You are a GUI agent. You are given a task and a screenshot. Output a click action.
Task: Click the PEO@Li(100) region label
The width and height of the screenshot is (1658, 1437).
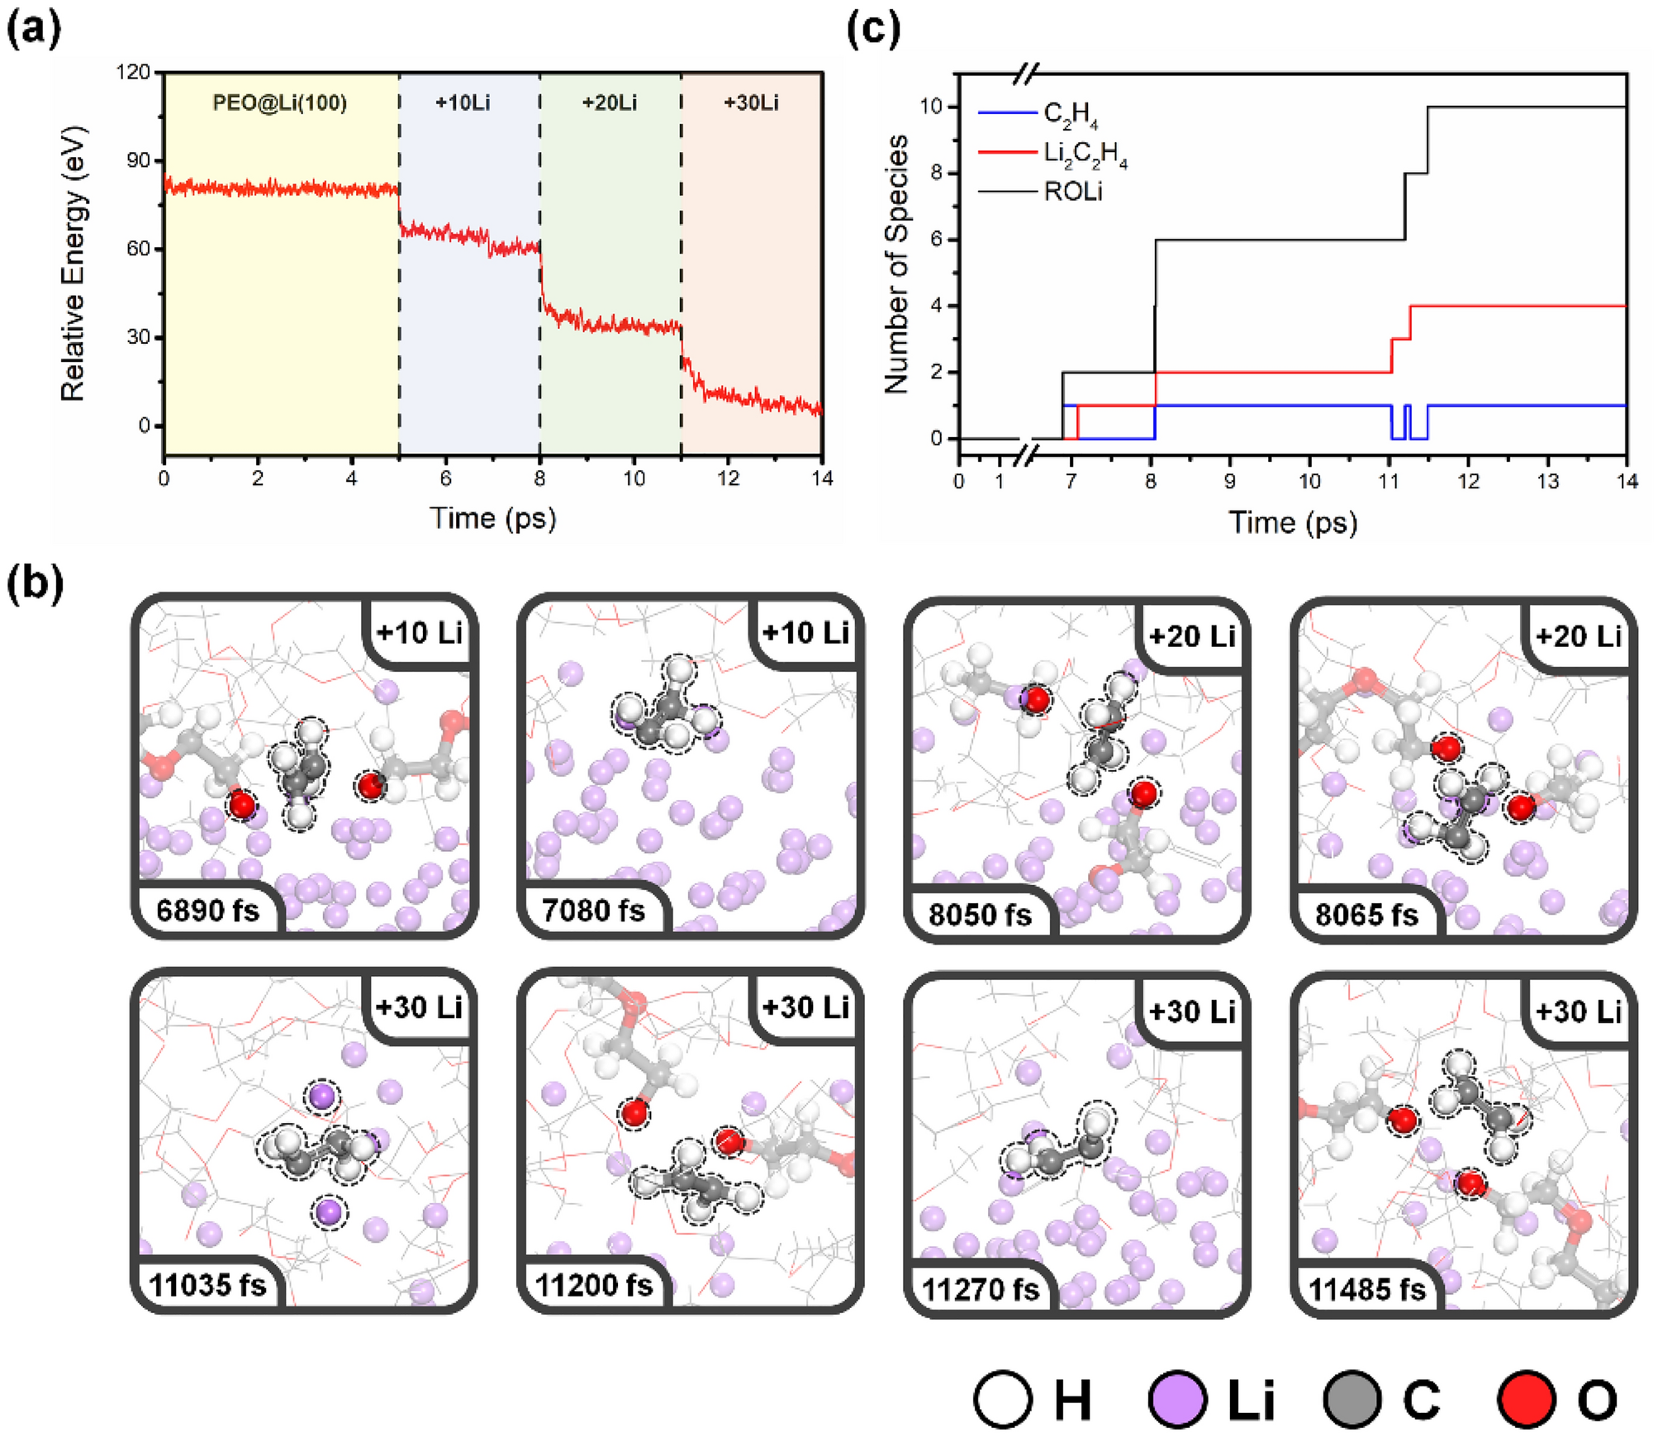click(279, 103)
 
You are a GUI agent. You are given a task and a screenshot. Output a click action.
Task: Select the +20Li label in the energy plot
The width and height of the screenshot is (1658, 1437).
click(609, 103)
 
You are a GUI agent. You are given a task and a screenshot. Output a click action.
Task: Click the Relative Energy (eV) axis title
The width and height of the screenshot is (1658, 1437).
click(74, 264)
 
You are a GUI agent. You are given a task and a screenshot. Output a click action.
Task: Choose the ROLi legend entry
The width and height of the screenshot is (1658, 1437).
click(1072, 192)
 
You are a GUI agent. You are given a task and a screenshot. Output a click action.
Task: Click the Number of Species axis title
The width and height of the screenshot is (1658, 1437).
click(896, 264)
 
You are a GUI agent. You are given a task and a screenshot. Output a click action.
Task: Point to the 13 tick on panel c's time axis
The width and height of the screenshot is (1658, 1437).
click(1546, 481)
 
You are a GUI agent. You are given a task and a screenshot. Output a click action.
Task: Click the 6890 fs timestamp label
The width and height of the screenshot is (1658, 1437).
click(207, 911)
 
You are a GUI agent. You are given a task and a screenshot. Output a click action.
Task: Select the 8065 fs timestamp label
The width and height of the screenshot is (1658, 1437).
click(1366, 915)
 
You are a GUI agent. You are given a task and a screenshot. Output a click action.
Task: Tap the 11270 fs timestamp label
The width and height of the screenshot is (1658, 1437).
click(980, 1289)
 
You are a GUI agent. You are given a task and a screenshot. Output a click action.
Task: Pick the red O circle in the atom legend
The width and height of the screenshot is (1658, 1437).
click(1526, 1400)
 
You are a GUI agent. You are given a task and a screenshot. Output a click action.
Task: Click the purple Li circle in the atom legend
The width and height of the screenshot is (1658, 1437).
click(1177, 1400)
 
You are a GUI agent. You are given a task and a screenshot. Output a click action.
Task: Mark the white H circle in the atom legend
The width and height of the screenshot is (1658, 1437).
click(1003, 1400)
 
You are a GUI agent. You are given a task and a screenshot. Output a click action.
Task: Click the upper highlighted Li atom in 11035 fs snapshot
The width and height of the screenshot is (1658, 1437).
click(321, 1097)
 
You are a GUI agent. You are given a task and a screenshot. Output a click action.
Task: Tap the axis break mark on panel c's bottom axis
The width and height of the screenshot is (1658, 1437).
click(1024, 454)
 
